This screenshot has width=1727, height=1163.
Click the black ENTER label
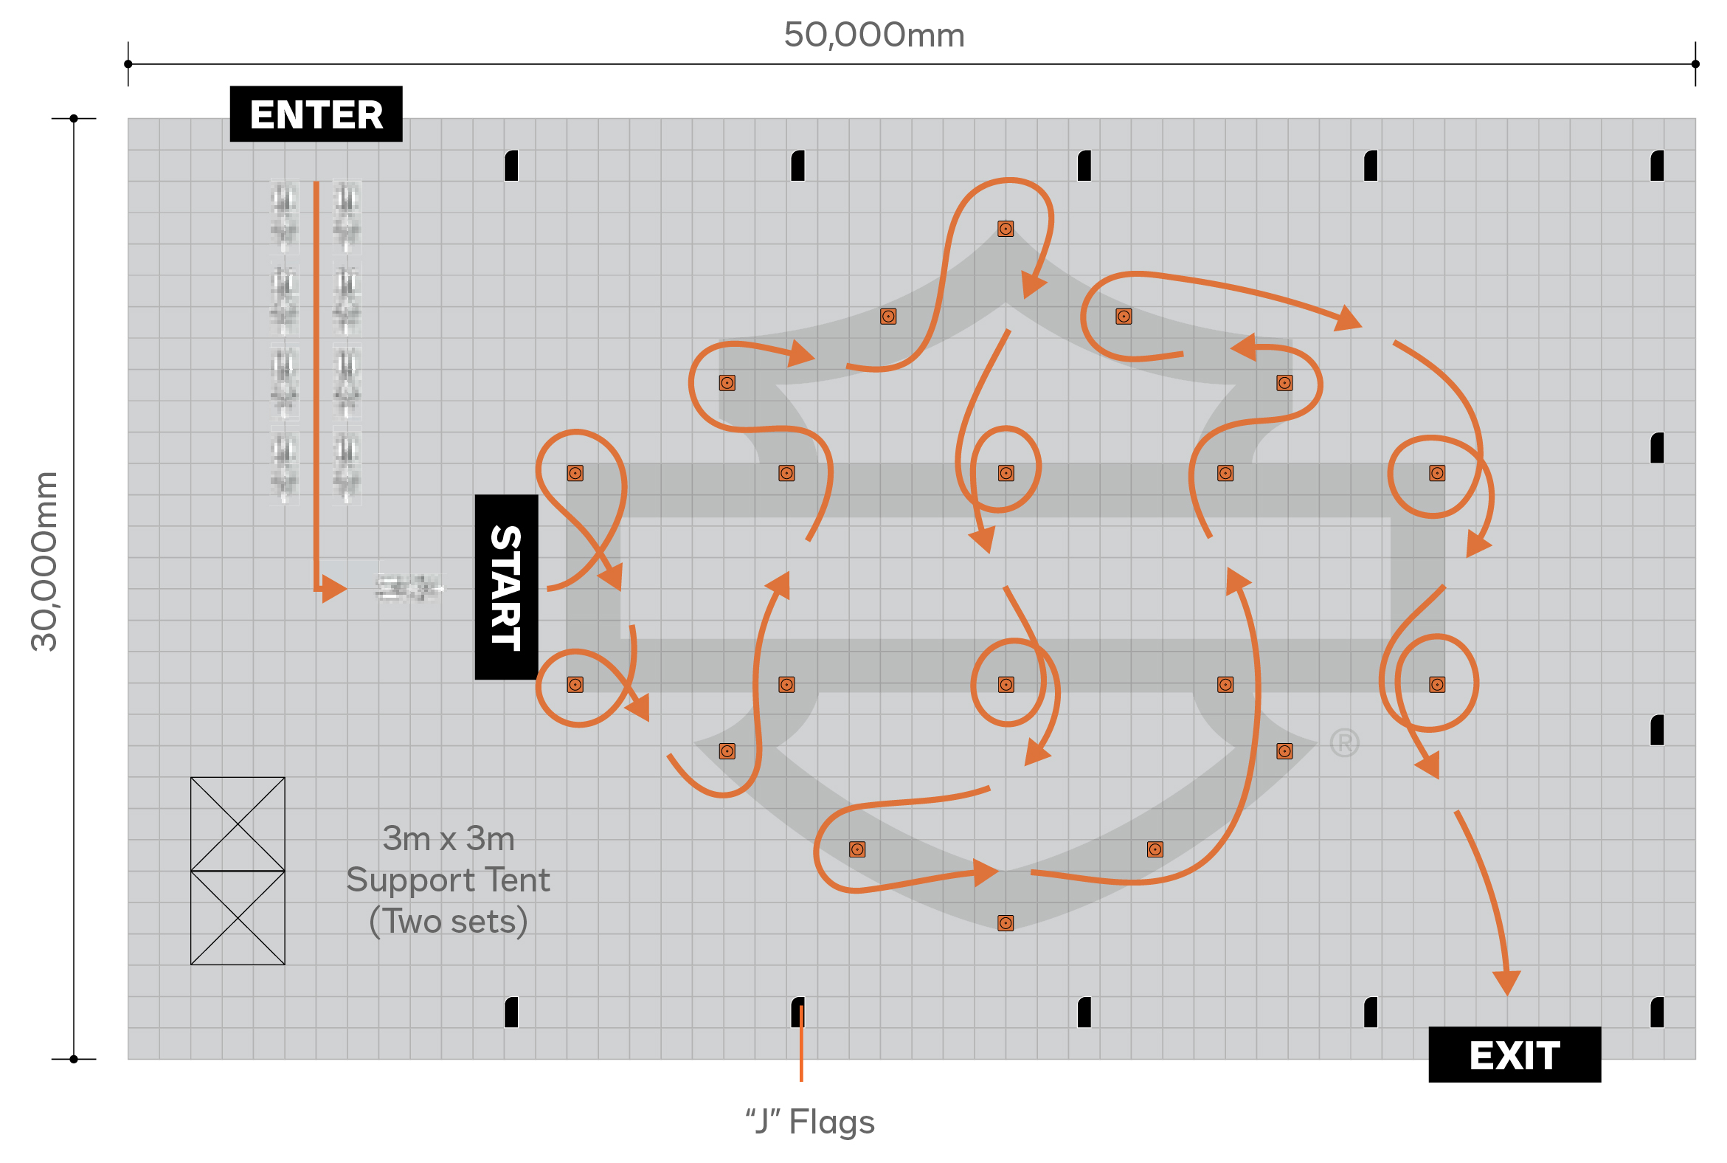click(316, 114)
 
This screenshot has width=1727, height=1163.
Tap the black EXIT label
click(1514, 1054)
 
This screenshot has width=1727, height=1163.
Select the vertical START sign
click(507, 587)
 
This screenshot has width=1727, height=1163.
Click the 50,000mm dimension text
click(873, 35)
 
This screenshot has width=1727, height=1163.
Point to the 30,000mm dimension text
click(44, 562)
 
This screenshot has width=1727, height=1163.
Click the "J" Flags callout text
click(810, 1122)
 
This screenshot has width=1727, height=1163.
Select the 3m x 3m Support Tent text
click(448, 880)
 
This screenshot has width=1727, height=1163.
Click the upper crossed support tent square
click(238, 824)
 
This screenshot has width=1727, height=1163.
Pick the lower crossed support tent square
click(238, 917)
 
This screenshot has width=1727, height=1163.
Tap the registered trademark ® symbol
click(1343, 742)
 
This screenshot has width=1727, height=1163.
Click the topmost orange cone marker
click(1005, 229)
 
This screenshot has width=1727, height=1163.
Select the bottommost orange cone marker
click(1005, 922)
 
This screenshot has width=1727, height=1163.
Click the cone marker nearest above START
click(575, 473)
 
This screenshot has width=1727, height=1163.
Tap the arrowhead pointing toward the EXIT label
click(1506, 984)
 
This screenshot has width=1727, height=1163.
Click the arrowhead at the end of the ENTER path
click(334, 589)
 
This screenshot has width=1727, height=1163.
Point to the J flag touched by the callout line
click(797, 1012)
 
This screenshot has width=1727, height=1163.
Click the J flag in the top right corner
click(1657, 165)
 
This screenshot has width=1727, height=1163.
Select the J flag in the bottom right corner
click(1657, 1012)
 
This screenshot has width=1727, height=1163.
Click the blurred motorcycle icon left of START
click(407, 588)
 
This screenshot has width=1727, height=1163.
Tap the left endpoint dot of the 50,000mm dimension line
click(128, 64)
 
